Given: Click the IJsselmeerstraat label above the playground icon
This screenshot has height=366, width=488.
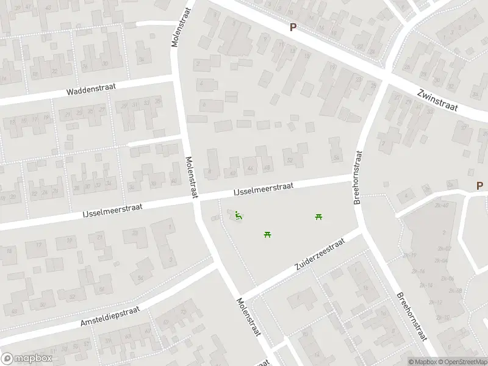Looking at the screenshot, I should [264, 188].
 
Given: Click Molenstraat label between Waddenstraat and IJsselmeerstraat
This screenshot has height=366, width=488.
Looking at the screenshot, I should [192, 176].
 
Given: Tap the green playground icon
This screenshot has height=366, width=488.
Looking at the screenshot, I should [239, 215].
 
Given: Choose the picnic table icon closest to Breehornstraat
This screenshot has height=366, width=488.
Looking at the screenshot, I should [318, 217].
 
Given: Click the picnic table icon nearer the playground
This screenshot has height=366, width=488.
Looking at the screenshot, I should [267, 234].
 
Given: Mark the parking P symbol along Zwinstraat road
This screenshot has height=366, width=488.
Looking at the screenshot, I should [293, 27].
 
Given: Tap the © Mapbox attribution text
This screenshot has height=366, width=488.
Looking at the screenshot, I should [423, 361].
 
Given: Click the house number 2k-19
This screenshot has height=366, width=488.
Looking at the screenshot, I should [409, 255].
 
